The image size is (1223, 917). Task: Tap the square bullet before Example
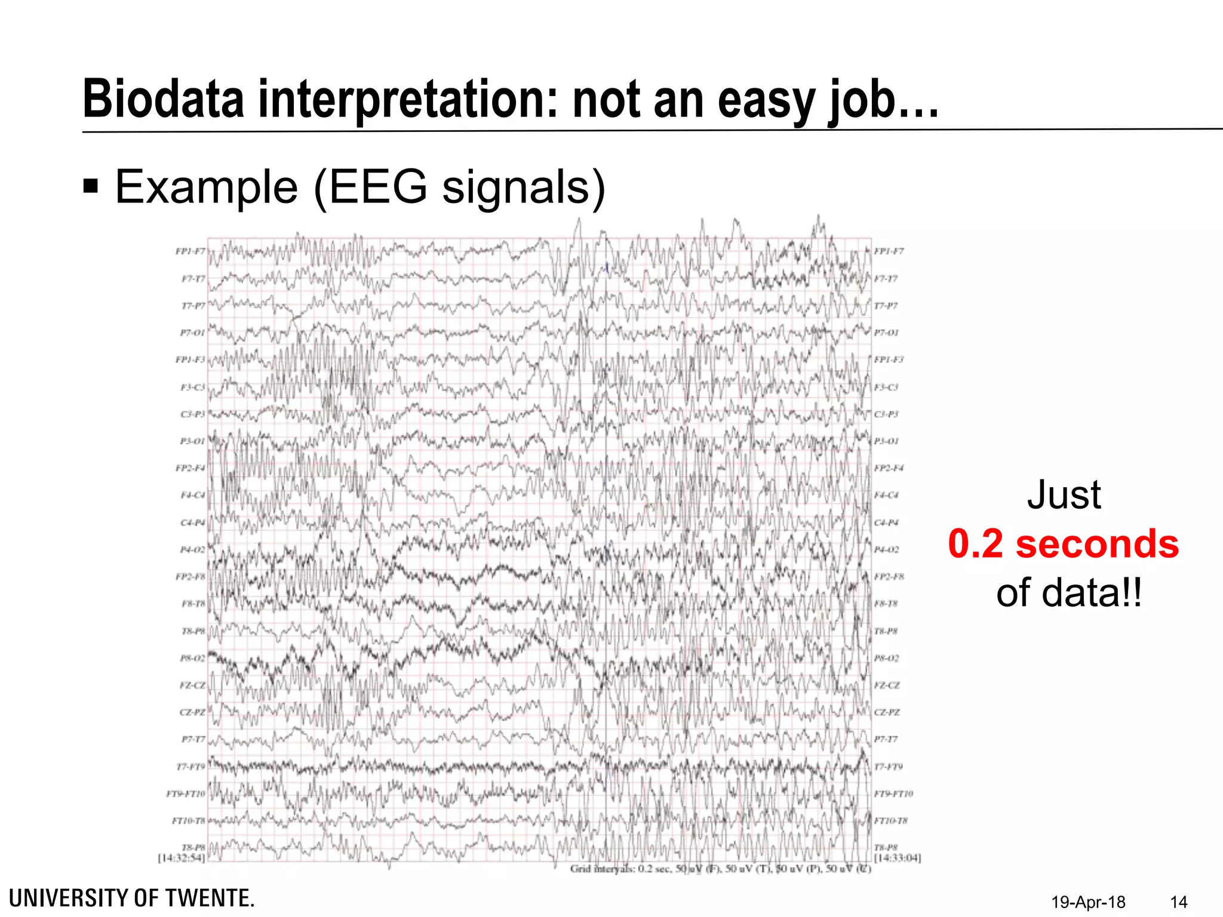pos(91,187)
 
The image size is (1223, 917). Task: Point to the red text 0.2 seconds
pos(1063,544)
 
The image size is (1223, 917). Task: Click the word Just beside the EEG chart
pos(1064,495)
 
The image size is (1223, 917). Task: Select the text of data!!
pos(1069,593)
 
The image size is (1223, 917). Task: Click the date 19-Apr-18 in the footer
pos(1088,902)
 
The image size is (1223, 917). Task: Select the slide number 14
pos(1178,902)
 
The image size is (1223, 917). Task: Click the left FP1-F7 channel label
pos(190,251)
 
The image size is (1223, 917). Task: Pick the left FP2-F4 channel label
pos(190,468)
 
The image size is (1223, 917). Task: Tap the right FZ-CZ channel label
pos(887,685)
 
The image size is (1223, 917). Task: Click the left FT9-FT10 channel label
pos(186,794)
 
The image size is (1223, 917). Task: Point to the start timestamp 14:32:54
pos(182,858)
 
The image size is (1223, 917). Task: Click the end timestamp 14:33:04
pos(898,858)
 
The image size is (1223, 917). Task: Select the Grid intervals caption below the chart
pos(720,869)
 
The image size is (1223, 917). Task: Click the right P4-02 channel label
pos(887,550)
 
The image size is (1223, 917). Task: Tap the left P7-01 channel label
pos(192,333)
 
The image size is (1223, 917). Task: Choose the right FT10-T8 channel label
pos(890,821)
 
